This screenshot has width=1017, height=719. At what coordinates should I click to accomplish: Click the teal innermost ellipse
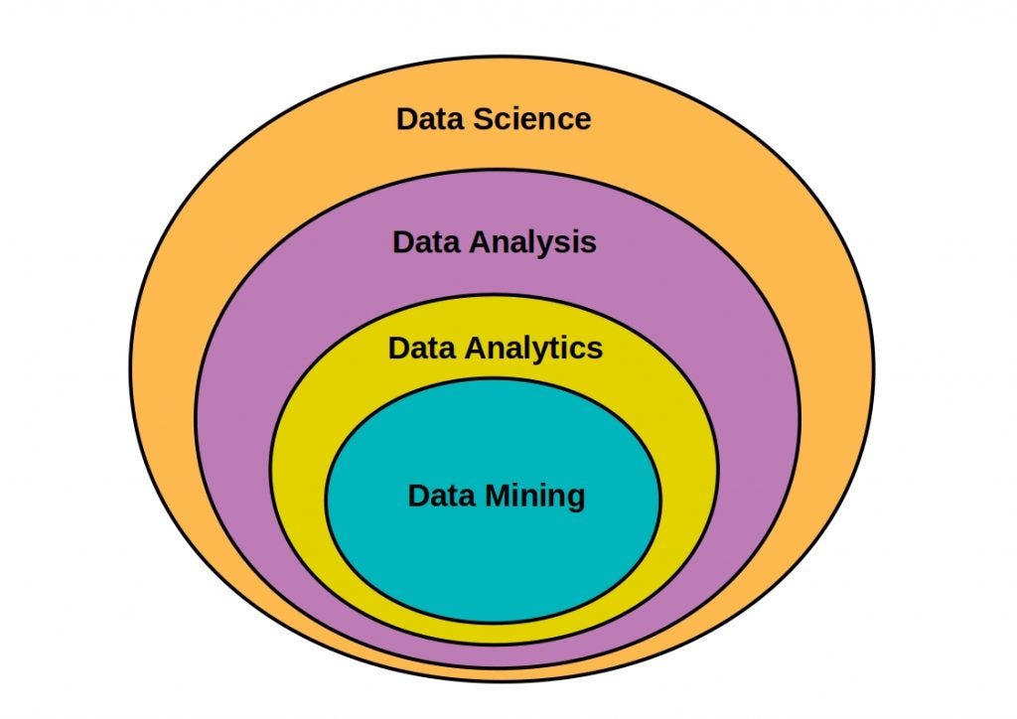(x=493, y=556)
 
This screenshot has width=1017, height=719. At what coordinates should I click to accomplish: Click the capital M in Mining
(x=500, y=495)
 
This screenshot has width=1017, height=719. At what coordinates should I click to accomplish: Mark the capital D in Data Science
(x=407, y=119)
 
